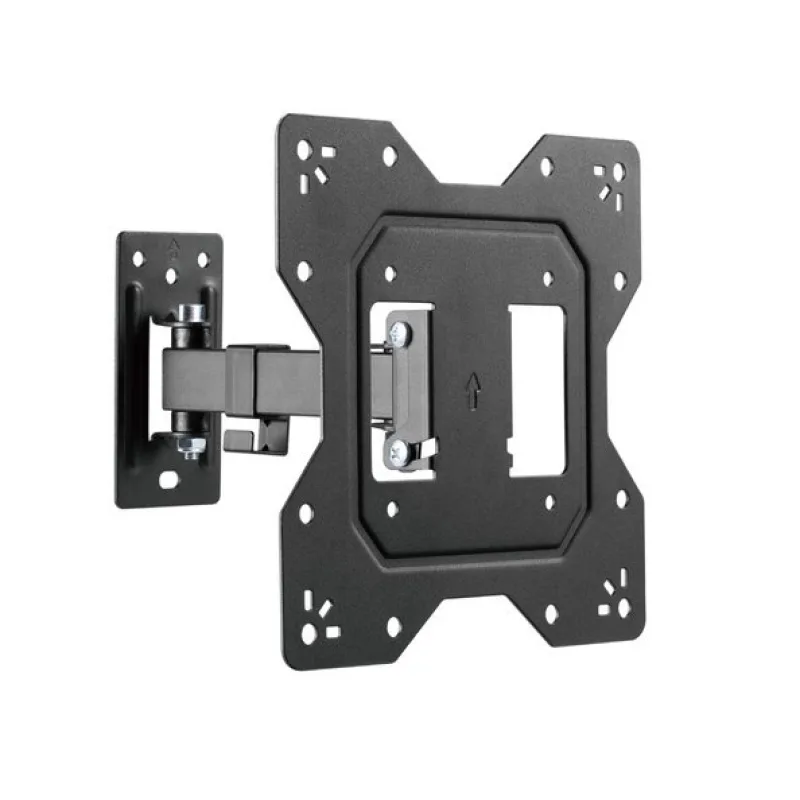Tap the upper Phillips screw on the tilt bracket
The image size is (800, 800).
coord(400,333)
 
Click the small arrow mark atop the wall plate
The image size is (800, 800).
coord(171,243)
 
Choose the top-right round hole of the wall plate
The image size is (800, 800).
coord(203,259)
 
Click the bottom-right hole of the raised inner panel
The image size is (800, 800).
coord(549,506)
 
